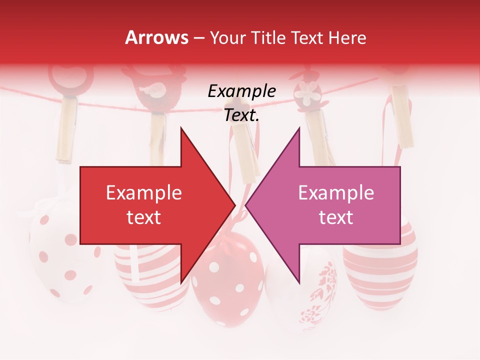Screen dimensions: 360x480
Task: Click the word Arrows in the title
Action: [156, 37]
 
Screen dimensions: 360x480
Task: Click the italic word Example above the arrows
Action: [241, 91]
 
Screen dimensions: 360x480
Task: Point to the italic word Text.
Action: [241, 115]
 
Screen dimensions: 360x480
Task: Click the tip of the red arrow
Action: [235, 205]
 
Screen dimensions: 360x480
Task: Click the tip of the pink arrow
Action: [246, 205]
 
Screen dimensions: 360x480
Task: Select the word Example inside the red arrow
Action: [143, 193]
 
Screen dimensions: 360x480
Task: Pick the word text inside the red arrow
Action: [143, 217]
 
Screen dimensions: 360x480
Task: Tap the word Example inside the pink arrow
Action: [336, 193]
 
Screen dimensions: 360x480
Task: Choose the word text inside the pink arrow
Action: [336, 217]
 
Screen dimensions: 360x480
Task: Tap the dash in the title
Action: [198, 38]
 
